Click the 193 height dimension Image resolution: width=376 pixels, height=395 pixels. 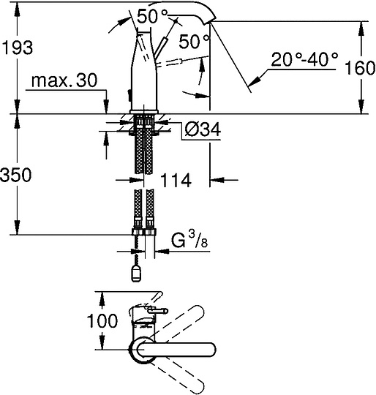click(x=17, y=48)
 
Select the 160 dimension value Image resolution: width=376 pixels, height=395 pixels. click(x=359, y=67)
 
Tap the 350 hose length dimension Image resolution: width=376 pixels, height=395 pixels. click(x=16, y=175)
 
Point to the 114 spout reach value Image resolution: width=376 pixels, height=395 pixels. click(x=176, y=181)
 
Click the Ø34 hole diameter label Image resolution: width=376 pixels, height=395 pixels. click(x=202, y=129)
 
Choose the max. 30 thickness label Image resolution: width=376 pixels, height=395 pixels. click(x=64, y=80)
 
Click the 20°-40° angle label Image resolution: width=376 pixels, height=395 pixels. click(x=304, y=60)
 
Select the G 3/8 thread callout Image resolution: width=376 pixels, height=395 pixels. click(x=189, y=241)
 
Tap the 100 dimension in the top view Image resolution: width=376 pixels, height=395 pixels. click(x=102, y=320)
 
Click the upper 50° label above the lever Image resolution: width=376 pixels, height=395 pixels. click(x=152, y=17)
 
